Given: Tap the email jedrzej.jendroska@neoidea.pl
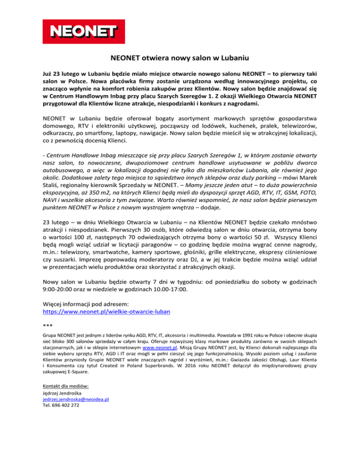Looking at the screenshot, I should [x=75, y=399].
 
